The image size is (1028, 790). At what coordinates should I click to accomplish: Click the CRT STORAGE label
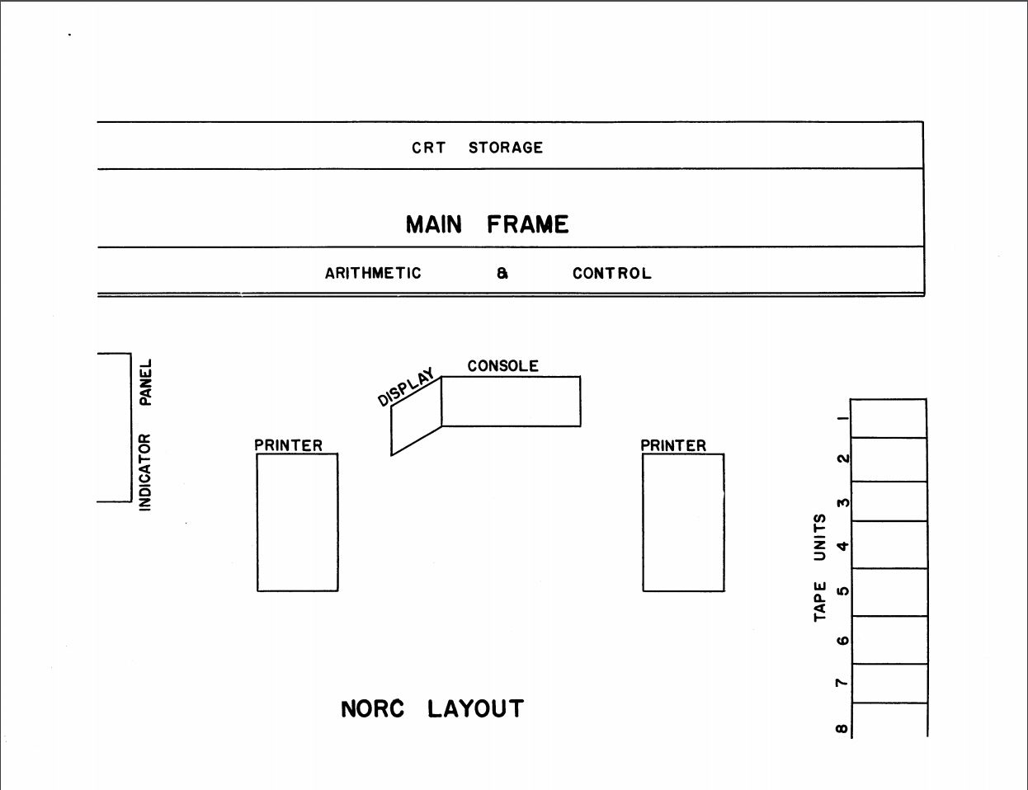pos(477,148)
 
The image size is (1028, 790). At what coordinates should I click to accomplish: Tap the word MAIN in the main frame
pos(434,224)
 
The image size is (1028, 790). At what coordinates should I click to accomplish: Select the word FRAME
pos(527,224)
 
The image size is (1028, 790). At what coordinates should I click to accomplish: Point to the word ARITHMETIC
pos(373,273)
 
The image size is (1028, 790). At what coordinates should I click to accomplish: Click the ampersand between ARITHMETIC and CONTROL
pos(502,273)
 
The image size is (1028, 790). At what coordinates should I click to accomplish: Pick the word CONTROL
pos(611,273)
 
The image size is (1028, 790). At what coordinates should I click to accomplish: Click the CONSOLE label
pos(503,366)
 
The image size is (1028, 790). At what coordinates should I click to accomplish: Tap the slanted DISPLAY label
pos(406,388)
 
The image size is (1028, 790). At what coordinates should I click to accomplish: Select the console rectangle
pos(511,402)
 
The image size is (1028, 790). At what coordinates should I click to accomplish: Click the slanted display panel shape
pos(417,416)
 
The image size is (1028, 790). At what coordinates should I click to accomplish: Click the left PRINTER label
pos(288,445)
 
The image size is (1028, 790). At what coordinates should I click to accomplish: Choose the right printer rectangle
pos(683,523)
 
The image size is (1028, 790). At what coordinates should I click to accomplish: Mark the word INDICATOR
pos(144,472)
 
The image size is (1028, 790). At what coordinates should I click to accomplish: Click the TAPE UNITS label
pos(820,567)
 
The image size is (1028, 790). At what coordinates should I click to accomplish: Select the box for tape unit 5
pos(889,592)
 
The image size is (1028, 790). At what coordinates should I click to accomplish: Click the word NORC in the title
pos(372,709)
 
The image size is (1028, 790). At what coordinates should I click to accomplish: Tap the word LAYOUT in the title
pos(475,709)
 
